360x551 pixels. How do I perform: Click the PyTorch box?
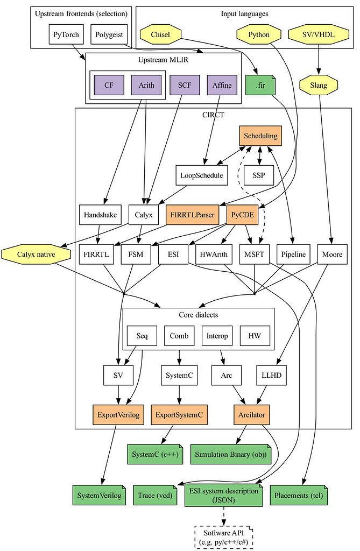[66, 35]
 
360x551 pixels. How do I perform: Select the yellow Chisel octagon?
[160, 35]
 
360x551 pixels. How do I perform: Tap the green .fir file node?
[260, 85]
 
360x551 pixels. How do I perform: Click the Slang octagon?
[319, 85]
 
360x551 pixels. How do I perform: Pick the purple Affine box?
[222, 85]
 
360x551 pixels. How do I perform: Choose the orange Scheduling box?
[260, 136]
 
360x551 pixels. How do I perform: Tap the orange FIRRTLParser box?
[193, 215]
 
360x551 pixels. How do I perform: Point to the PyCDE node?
[242, 215]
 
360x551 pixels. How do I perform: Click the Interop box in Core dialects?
[217, 336]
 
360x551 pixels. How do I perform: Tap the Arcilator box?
[251, 415]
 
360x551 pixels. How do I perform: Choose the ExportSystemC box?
[179, 415]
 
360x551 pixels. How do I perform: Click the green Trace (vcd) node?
[155, 495]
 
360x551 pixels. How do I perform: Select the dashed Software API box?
[223, 537]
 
